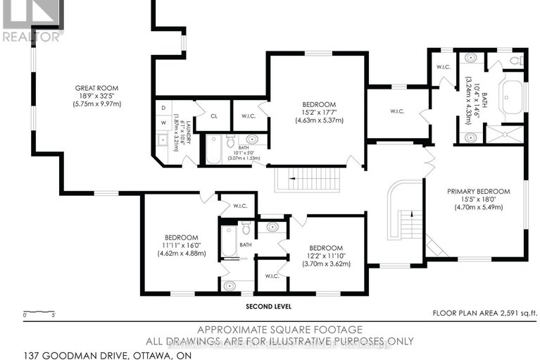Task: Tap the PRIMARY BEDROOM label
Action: tap(475, 190)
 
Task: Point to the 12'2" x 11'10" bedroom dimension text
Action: tap(325, 256)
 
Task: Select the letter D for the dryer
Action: tap(163, 108)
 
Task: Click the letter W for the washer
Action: tap(163, 121)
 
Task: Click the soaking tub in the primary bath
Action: tap(511, 96)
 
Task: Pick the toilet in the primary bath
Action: tap(515, 61)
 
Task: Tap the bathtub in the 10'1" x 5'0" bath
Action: tap(212, 150)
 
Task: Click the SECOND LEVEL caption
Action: tap(268, 307)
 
